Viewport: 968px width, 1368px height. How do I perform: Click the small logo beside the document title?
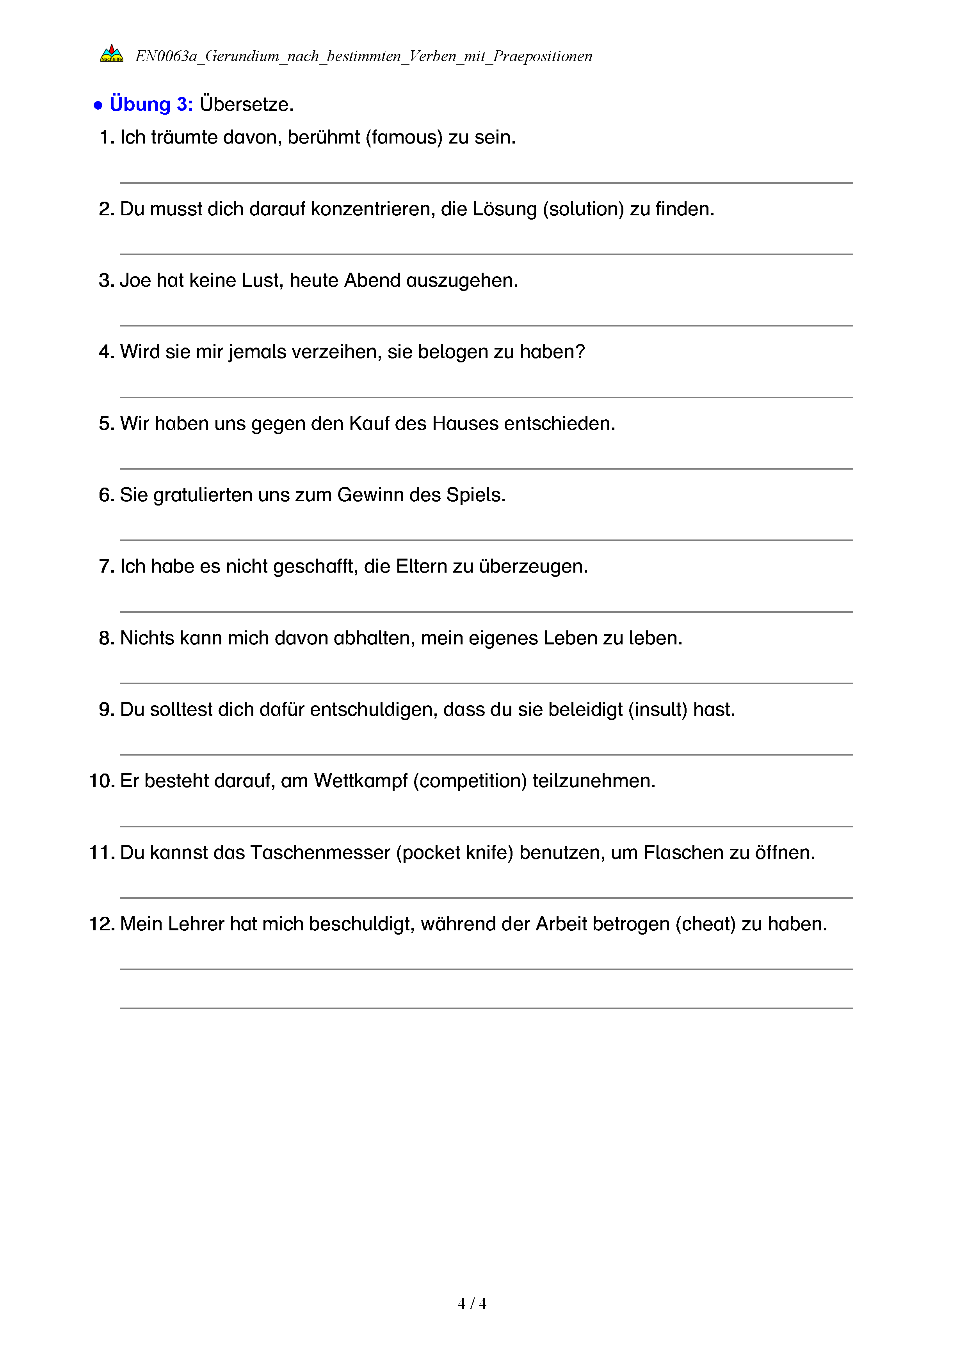coord(112,53)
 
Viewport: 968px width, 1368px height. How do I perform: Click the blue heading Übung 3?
coord(151,104)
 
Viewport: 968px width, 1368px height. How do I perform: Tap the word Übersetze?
coord(246,104)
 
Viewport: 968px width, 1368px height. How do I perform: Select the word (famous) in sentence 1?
coord(404,138)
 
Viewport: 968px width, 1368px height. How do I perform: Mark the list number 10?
coord(101,781)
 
